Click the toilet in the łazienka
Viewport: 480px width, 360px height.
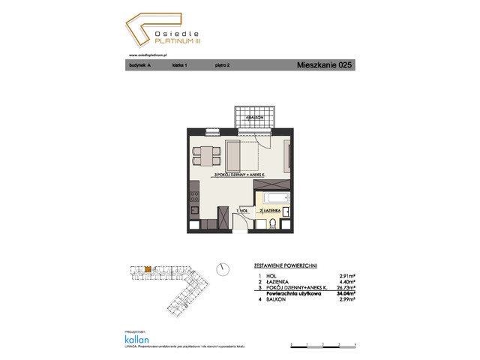point(272,223)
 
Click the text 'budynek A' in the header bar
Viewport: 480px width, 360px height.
point(139,66)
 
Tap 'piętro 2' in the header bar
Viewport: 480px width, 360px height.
point(222,66)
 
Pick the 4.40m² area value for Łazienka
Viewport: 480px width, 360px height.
point(346,283)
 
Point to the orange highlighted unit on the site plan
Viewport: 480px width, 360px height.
point(148,268)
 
